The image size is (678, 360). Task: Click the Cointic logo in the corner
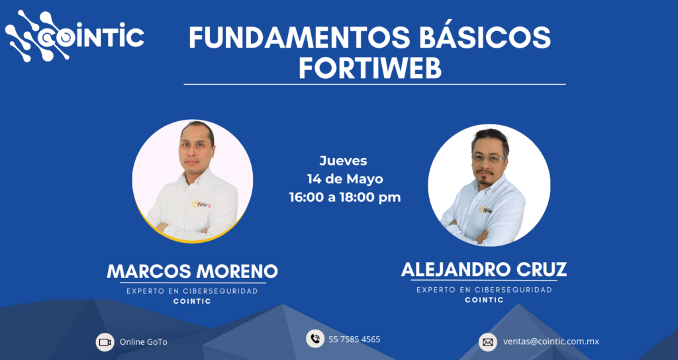pos(74,36)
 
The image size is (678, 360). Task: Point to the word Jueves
pos(344,161)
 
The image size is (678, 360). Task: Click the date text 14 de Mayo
pos(345,179)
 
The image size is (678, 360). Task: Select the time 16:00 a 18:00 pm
pos(345,197)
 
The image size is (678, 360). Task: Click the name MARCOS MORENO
pos(192,271)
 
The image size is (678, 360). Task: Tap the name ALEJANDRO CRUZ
pos(484,269)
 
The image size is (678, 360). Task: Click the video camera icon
pos(105,342)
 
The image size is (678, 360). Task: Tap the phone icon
pos(315,339)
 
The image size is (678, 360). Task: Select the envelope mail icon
pos(488,342)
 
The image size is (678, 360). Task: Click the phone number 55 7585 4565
pos(355,339)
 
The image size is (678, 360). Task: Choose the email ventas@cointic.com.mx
pos(552,341)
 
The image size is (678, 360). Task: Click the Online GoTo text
pos(144,342)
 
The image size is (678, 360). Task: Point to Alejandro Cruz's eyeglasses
pos(489,158)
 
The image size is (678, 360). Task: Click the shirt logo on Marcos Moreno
pos(201,204)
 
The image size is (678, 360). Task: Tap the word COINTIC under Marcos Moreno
pos(193,301)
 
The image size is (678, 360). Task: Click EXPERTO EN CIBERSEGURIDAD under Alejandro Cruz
pos(484,290)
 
